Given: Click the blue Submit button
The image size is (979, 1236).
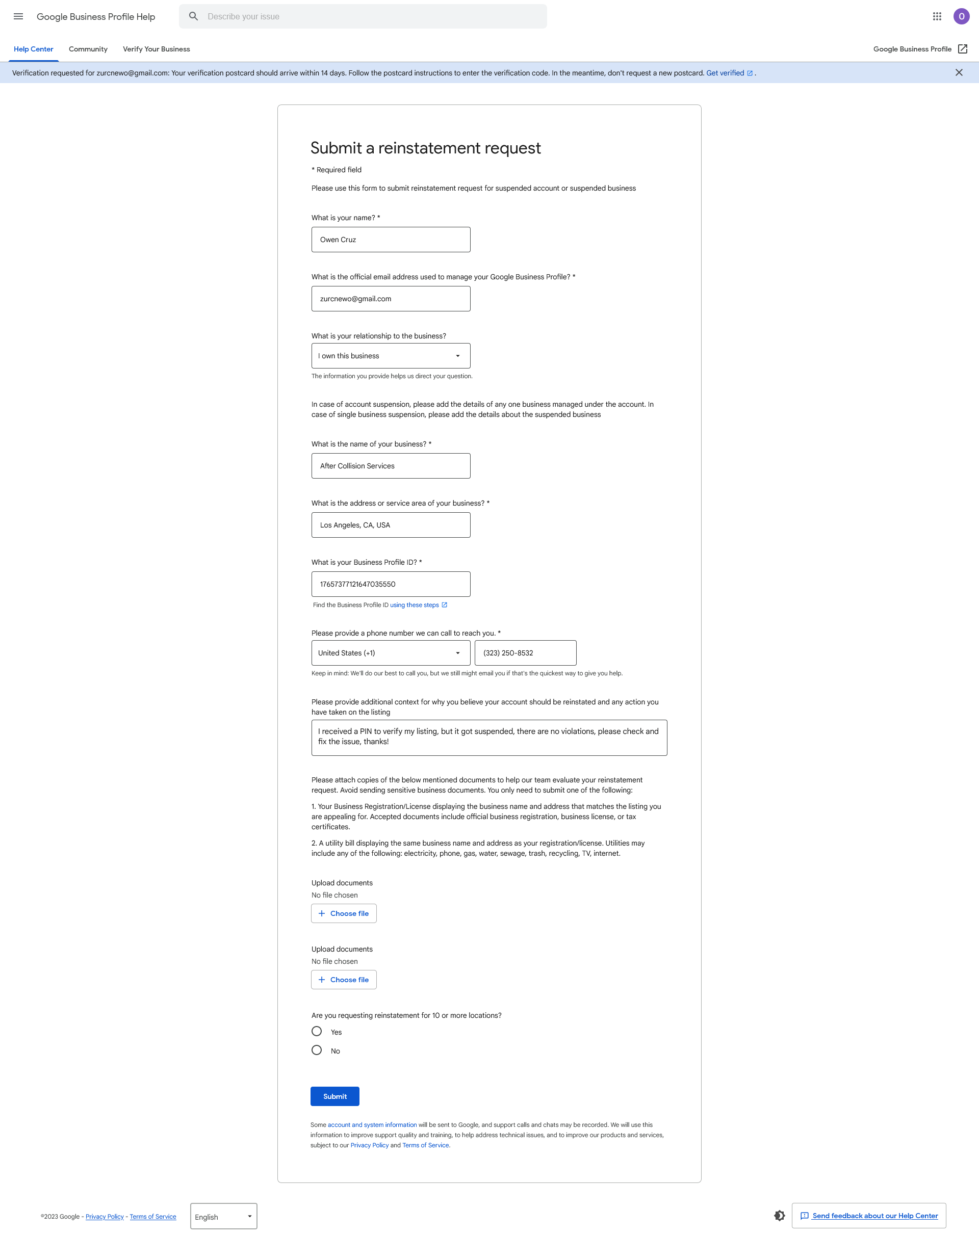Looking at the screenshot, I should click(x=334, y=1096).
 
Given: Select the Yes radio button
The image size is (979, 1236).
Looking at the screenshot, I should click(x=317, y=1031).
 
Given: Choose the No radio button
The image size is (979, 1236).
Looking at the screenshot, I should click(x=317, y=1050).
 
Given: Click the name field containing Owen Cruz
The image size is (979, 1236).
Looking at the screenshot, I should click(x=391, y=240).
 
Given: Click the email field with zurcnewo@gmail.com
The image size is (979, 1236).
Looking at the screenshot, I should click(x=391, y=299).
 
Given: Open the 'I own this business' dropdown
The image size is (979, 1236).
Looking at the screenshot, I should click(x=391, y=356).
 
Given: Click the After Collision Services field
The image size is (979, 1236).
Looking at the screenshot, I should click(x=391, y=466).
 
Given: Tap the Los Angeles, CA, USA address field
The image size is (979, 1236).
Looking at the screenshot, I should click(x=391, y=525).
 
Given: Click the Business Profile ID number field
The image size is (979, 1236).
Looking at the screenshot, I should click(x=391, y=584).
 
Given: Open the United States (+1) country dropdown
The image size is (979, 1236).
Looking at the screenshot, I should click(x=391, y=653).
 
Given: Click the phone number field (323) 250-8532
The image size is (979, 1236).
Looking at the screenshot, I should click(x=525, y=653).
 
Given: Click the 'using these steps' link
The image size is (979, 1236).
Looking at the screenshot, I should click(x=415, y=604).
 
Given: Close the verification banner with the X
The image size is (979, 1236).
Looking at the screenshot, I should click(x=959, y=72).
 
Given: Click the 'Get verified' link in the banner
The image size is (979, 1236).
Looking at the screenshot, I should click(x=725, y=73).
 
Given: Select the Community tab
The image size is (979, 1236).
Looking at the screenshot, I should click(x=88, y=49).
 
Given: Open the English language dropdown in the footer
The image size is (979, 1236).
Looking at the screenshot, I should click(x=223, y=1216).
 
